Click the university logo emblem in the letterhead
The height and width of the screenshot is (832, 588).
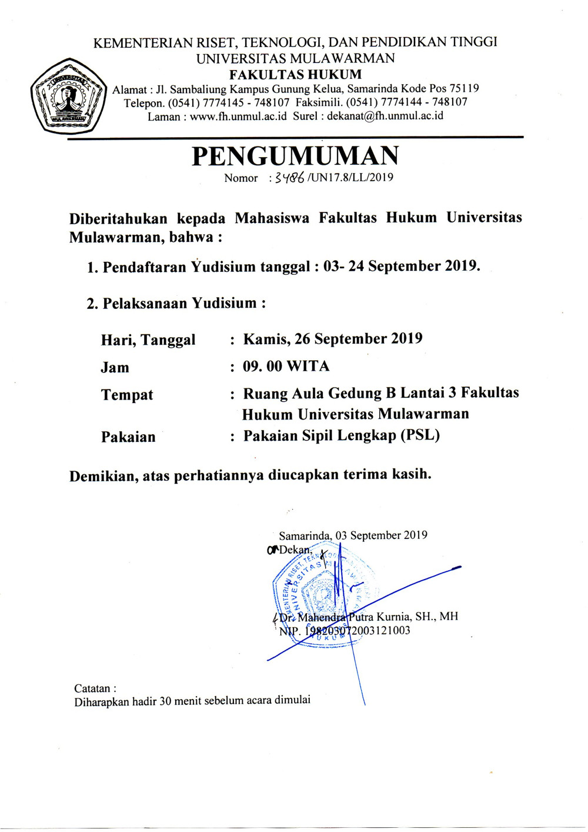tap(69, 96)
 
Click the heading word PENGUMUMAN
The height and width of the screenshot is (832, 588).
tap(295, 156)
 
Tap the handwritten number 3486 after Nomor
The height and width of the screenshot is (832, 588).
tap(289, 178)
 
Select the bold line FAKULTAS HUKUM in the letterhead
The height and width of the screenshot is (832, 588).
tap(295, 75)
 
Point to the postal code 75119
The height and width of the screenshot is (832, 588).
tap(464, 89)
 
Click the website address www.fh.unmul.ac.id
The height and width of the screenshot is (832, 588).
tap(238, 116)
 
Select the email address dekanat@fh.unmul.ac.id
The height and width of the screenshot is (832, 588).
tap(385, 116)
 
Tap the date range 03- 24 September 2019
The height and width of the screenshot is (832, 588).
tap(402, 267)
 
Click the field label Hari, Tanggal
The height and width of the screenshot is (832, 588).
tap(148, 340)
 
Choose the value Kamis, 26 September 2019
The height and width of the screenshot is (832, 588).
tap(333, 339)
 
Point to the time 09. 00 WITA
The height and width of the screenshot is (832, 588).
tap(286, 367)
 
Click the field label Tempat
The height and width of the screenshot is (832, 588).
tap(127, 395)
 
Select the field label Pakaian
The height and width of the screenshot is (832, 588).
tap(128, 437)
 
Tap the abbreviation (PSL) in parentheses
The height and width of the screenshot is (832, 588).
tap(420, 435)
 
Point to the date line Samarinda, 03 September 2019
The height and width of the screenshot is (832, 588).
tap(353, 535)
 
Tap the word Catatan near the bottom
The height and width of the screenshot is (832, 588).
tap(92, 688)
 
